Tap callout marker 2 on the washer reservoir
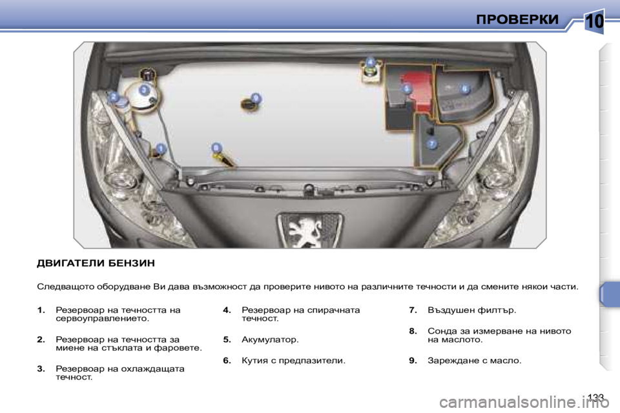click(x=114, y=97)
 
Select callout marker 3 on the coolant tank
click(x=144, y=90)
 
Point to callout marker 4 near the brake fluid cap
click(x=370, y=61)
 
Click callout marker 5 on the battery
click(x=407, y=89)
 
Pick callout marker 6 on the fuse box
click(x=464, y=88)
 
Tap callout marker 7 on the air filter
click(x=431, y=144)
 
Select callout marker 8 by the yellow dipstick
click(x=216, y=148)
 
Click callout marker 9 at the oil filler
click(x=256, y=97)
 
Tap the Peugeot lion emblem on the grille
click(x=309, y=230)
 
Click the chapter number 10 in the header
click(x=594, y=22)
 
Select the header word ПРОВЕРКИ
click(x=517, y=20)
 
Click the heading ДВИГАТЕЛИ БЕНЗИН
click(x=96, y=263)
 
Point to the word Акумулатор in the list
click(x=269, y=339)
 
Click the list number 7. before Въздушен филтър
click(x=413, y=310)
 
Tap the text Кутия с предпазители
click(x=293, y=361)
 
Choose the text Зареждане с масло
click(x=474, y=361)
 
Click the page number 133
click(x=596, y=396)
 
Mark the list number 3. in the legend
click(x=41, y=368)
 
